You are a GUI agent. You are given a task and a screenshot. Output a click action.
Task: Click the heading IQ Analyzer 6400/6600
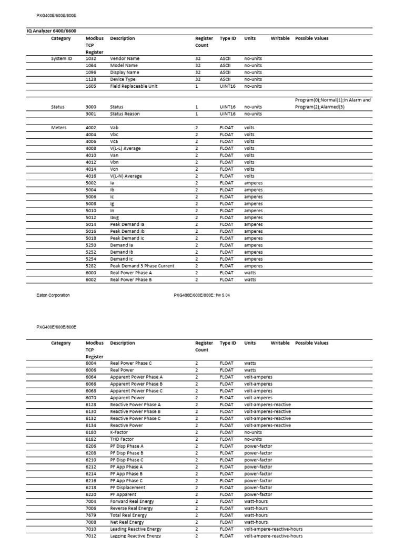[x=55, y=31]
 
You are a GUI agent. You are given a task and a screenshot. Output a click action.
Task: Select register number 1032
[x=90, y=58]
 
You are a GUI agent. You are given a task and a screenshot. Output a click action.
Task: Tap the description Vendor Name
[x=125, y=58]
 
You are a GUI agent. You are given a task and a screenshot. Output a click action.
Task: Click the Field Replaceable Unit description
[x=134, y=86]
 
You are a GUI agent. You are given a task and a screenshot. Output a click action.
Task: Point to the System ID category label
[x=62, y=58]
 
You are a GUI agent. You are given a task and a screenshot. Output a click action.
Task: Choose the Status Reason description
[x=125, y=113]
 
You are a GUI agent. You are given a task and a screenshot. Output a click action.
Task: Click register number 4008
[x=90, y=148]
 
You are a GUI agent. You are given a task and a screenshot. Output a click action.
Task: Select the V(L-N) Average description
[x=126, y=176]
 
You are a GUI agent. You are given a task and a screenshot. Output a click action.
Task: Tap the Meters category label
[x=59, y=128]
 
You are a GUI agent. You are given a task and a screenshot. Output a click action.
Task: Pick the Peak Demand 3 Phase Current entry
[x=142, y=266]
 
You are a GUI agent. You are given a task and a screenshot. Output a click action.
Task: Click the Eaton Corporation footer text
[x=53, y=295]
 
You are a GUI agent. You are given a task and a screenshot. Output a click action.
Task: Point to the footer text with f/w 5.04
[x=201, y=295]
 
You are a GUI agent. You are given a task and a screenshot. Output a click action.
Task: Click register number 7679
[x=90, y=515]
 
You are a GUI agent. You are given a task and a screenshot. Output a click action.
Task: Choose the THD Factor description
[x=122, y=439]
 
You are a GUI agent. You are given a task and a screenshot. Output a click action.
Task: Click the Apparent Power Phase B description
[x=136, y=384]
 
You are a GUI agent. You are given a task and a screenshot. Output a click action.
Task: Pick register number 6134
[x=90, y=425]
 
